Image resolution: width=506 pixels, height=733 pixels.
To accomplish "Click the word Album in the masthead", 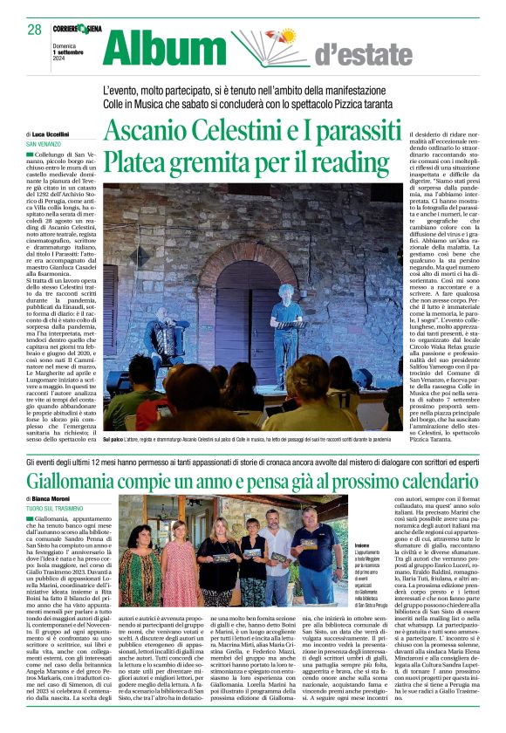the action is (x=163, y=50).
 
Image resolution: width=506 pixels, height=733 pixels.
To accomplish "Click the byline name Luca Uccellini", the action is (x=53, y=134).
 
